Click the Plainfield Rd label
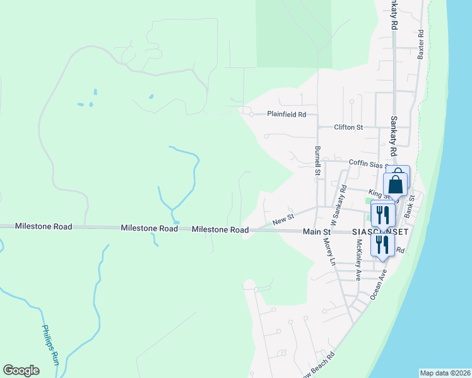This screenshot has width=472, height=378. tap(286, 115)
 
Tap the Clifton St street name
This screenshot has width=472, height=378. tap(348, 127)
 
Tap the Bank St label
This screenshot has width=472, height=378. tap(411, 207)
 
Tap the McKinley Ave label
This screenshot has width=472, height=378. tap(358, 260)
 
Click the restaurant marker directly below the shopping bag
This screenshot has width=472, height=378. tap(382, 215)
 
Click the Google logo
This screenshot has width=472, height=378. tap(21, 370)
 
